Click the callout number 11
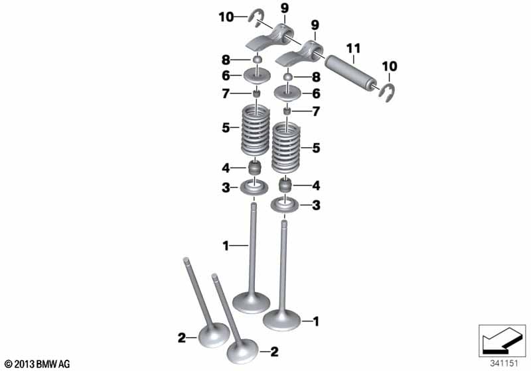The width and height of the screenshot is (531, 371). click(353, 49)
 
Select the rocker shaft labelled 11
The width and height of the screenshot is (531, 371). click(351, 76)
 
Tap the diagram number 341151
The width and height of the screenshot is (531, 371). click(504, 364)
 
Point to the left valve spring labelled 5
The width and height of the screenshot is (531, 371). click(256, 130)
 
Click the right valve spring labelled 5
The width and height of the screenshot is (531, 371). click(287, 147)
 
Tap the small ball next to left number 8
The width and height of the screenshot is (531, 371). click(258, 60)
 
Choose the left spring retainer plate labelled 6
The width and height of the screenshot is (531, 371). click(257, 76)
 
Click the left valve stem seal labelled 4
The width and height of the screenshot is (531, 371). click(255, 168)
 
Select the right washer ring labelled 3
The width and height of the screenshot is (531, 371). click(285, 205)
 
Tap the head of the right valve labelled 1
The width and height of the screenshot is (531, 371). click(281, 319)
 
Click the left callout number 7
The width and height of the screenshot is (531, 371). click(226, 94)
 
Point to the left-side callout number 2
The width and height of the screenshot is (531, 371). click(182, 338)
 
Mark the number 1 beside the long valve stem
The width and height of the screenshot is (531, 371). click(226, 246)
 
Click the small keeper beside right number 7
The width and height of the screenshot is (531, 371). click(287, 111)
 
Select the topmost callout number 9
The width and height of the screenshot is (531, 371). click(284, 9)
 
